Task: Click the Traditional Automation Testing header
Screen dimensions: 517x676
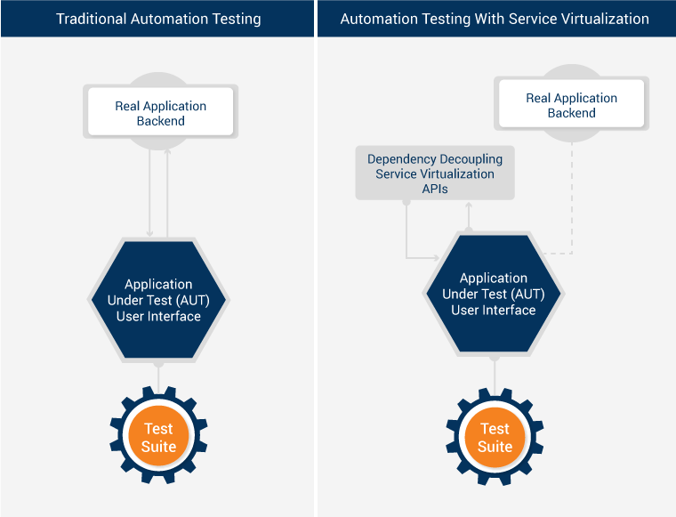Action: [158, 19]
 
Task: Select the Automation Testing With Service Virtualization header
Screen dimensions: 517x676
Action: [495, 19]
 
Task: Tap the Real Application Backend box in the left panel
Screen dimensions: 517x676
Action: [160, 113]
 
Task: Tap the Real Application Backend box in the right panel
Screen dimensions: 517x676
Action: [571, 105]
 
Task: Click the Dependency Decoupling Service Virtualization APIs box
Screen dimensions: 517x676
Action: [434, 174]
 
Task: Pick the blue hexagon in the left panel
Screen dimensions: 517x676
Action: [158, 301]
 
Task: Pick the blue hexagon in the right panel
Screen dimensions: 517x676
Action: [494, 294]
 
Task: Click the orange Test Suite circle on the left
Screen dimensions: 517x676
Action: [158, 438]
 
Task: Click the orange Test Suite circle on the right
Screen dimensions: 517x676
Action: [495, 438]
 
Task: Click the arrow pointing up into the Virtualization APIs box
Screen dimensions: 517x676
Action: [469, 214]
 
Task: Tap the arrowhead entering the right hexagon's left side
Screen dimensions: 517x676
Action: [437, 257]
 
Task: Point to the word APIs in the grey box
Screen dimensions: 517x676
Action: [434, 189]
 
